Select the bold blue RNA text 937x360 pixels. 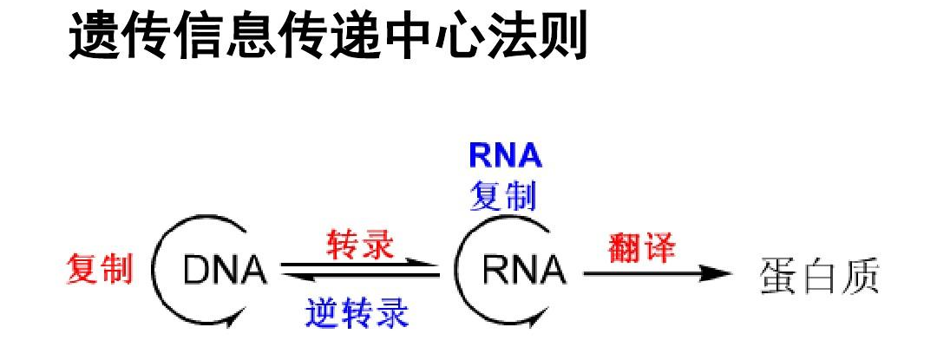tap(505, 155)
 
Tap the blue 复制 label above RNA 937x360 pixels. tap(503, 196)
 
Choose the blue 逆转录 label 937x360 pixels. tap(357, 312)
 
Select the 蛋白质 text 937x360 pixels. tap(820, 275)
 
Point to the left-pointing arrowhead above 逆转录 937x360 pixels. tap(289, 278)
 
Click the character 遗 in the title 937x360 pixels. tap(95, 37)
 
